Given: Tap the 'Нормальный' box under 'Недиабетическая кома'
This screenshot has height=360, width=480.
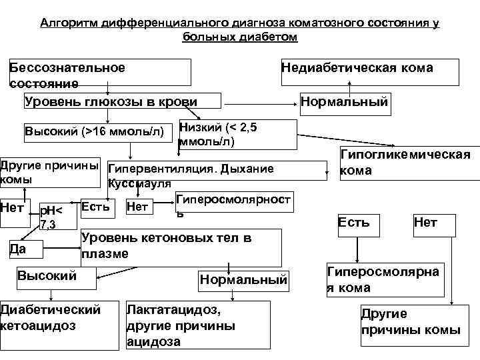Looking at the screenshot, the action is (x=344, y=103).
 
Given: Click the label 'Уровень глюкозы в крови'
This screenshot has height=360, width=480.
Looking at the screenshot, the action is (x=111, y=101).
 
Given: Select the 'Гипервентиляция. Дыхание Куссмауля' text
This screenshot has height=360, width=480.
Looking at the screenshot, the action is (x=191, y=175).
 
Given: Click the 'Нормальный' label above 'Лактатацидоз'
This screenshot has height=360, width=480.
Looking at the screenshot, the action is (x=243, y=280).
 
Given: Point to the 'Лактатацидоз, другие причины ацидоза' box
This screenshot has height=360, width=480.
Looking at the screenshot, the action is (x=197, y=325).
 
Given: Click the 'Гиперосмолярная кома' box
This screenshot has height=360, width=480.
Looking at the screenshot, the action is (x=383, y=280).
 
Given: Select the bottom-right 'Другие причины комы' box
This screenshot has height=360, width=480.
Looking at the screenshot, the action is (x=409, y=322).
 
